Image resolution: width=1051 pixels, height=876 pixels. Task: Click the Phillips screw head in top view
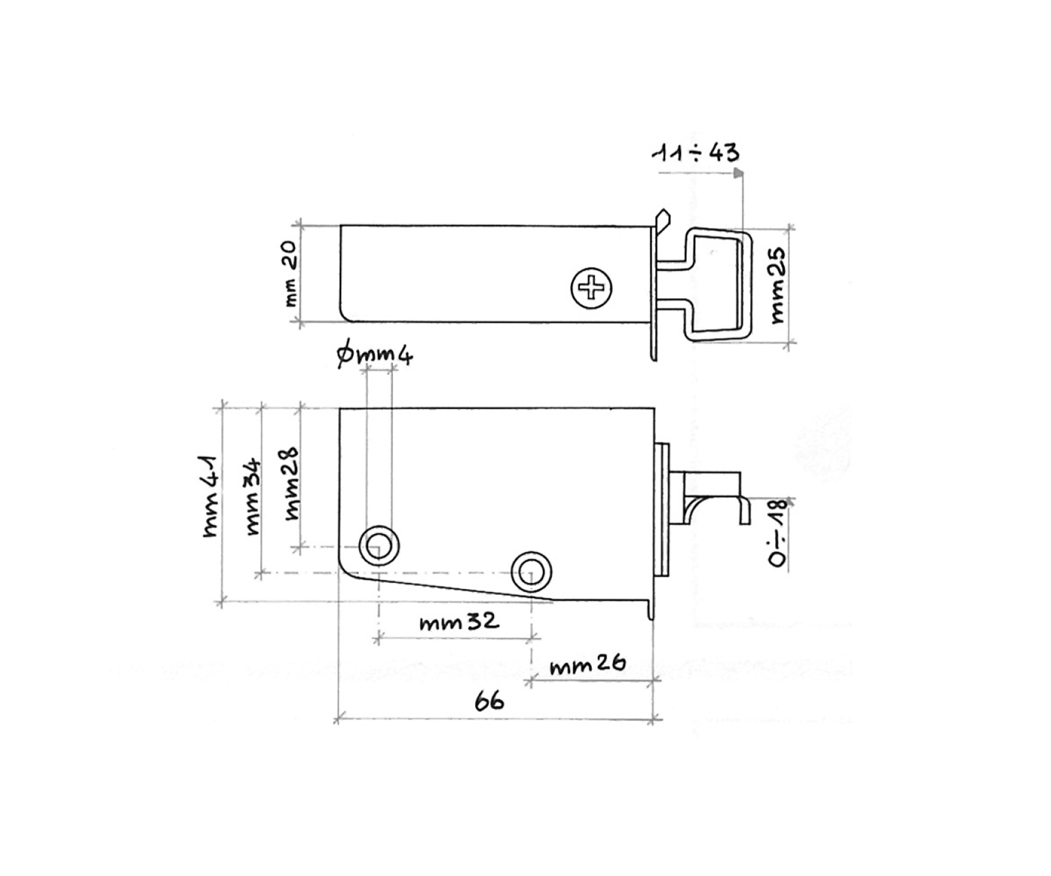592,288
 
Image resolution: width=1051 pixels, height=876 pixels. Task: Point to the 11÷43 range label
695,153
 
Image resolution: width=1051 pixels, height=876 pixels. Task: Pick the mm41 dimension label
211,495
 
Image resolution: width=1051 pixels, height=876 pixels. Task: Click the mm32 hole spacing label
459,622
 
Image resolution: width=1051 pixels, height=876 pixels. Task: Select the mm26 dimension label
587,665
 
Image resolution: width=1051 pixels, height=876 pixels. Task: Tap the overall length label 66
489,700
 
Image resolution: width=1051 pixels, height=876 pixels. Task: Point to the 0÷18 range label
777,533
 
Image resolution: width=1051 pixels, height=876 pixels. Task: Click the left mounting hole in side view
378,545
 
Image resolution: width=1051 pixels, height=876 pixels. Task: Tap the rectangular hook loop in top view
718,286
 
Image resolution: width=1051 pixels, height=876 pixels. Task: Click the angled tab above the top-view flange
662,220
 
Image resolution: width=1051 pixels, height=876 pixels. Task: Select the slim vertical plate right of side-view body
662,508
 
